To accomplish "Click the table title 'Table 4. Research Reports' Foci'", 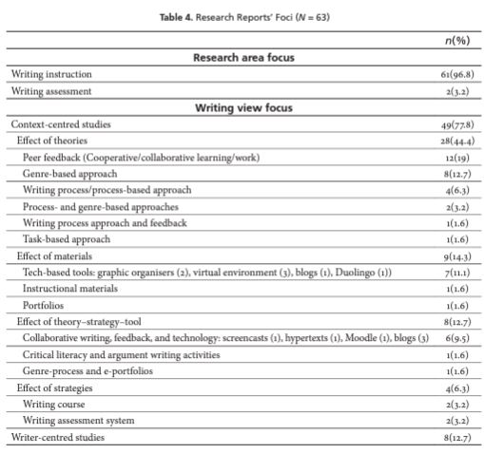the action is [x=242, y=19].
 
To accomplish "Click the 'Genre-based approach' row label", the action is [x=70, y=174].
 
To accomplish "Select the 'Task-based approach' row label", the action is [x=67, y=239].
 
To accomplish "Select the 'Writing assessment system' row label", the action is [x=77, y=419].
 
